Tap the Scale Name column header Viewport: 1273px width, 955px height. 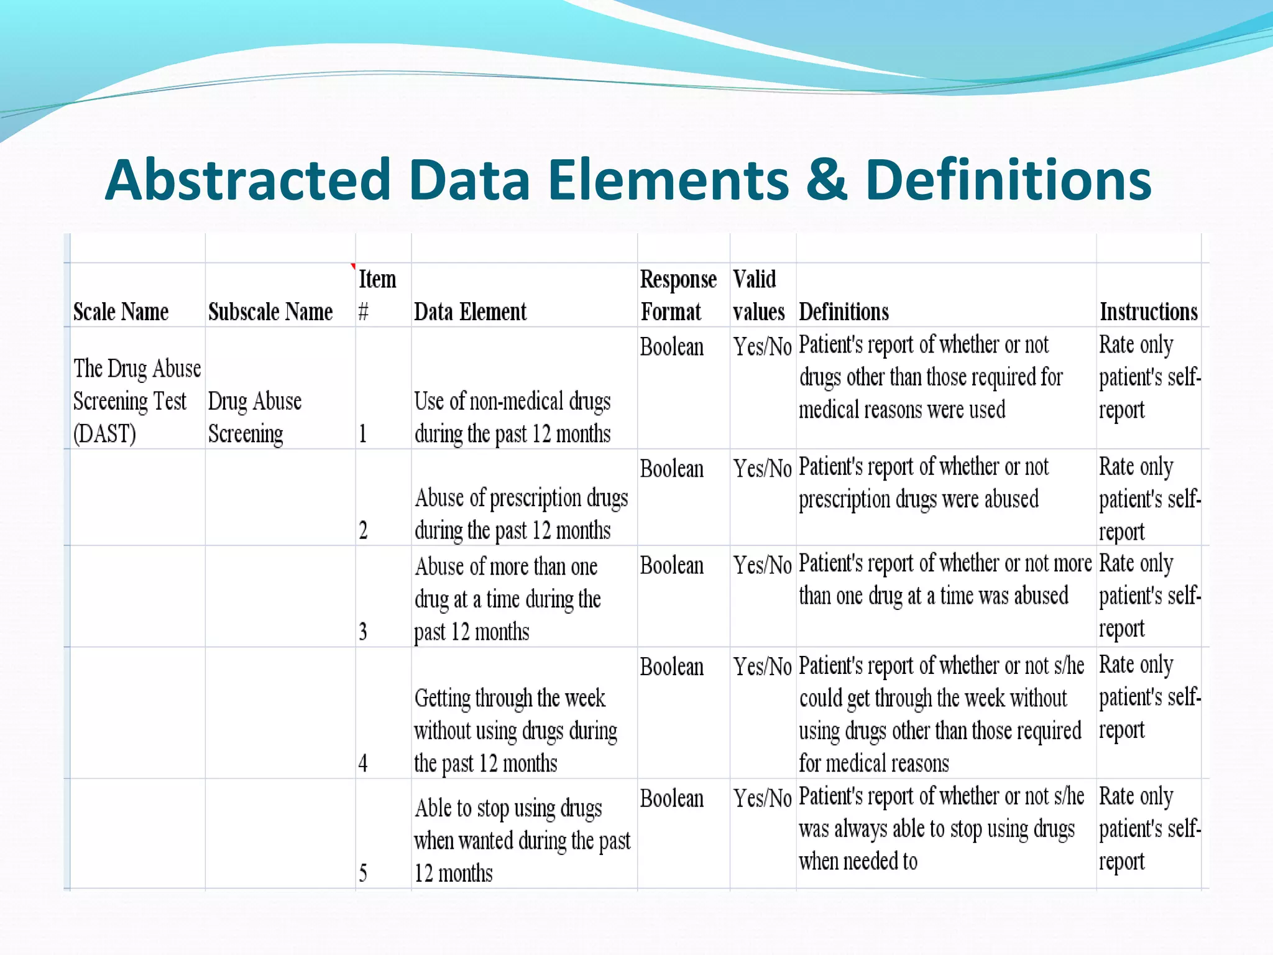pyautogui.click(x=121, y=311)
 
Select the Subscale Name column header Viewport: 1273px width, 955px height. pyautogui.click(x=270, y=311)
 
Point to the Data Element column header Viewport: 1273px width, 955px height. pyautogui.click(x=470, y=311)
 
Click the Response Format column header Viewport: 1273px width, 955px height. pyautogui.click(x=678, y=295)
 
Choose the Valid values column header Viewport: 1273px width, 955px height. pyautogui.click(x=758, y=295)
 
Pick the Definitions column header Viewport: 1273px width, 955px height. pyautogui.click(x=843, y=311)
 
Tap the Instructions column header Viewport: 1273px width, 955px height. pyautogui.click(x=1148, y=311)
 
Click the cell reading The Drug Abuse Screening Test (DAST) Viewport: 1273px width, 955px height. pyautogui.click(x=136, y=401)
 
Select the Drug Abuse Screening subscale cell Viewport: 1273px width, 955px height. pyautogui.click(x=255, y=417)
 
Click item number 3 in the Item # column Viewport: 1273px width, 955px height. pyautogui.click(x=363, y=632)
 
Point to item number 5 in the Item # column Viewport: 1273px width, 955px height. pyautogui.click(x=363, y=873)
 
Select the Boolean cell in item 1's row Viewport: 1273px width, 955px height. pyautogui.click(x=672, y=347)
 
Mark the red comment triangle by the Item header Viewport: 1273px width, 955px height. pyautogui.click(x=353, y=267)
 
